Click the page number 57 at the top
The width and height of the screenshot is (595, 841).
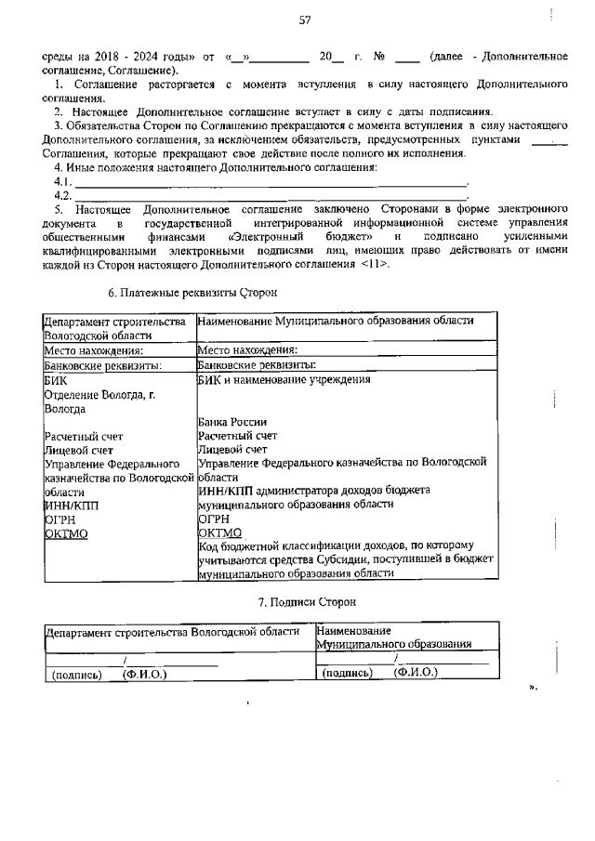point(304,21)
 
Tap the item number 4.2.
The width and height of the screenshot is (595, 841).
point(63,195)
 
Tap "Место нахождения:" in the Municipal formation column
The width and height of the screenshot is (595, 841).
point(247,350)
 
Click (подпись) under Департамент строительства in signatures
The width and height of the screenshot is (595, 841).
point(76,675)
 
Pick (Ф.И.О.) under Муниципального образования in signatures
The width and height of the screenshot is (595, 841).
point(416,672)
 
